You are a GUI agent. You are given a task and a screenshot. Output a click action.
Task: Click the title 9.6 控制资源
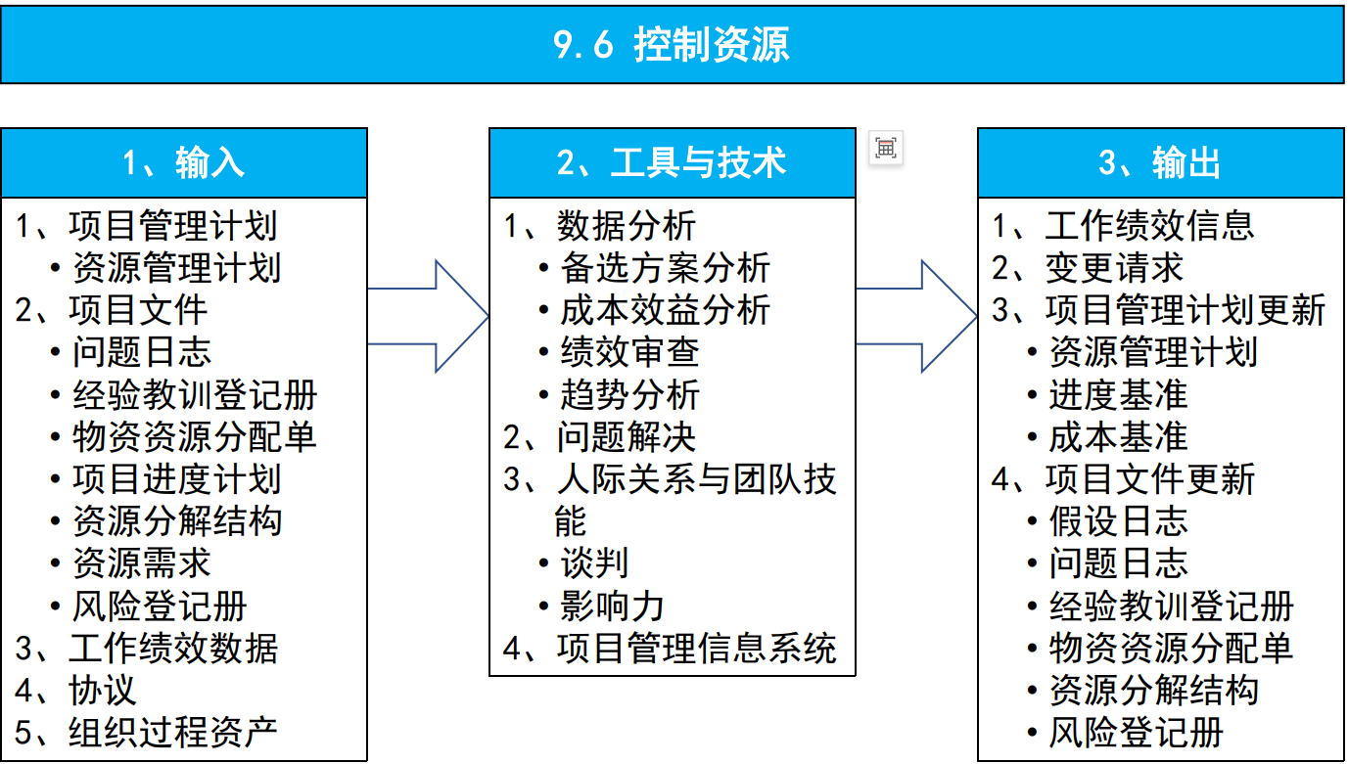pyautogui.click(x=672, y=46)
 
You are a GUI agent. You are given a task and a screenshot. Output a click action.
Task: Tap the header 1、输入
pyautogui.click(x=184, y=163)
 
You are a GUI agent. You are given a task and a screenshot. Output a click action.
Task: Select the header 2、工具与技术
pyautogui.click(x=672, y=163)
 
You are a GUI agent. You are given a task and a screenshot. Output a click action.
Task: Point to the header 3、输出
pyautogui.click(x=1160, y=163)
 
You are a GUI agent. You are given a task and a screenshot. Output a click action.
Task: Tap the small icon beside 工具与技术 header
pyautogui.click(x=886, y=148)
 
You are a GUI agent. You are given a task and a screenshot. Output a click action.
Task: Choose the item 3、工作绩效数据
pyautogui.click(x=147, y=648)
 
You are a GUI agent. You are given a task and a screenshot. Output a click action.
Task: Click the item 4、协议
pyautogui.click(x=75, y=690)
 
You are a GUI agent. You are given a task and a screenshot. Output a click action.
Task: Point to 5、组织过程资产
pyautogui.click(x=147, y=732)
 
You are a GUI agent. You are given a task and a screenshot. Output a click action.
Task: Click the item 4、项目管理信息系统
pyautogui.click(x=671, y=648)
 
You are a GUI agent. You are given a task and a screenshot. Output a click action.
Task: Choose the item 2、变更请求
pyautogui.click(x=1088, y=268)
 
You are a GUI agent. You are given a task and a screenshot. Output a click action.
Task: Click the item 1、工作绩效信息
pyautogui.click(x=1123, y=226)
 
